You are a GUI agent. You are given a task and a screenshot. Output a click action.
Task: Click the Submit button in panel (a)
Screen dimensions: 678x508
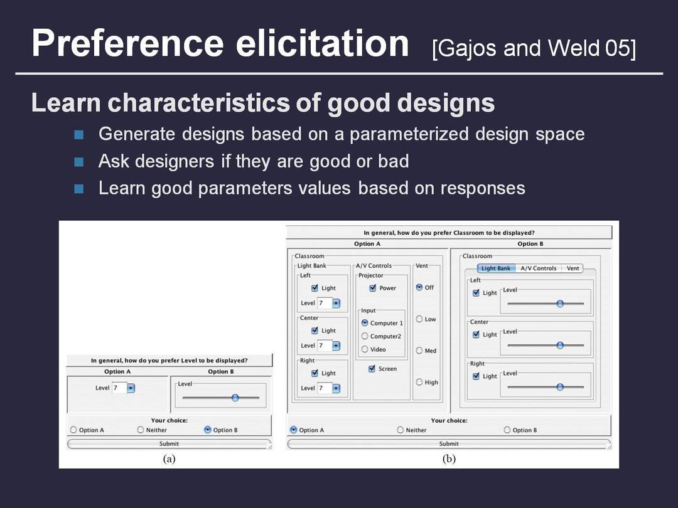169,443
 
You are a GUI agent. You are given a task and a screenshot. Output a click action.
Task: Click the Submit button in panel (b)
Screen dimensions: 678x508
449,443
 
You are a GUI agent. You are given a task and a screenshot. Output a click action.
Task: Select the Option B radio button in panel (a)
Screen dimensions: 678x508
208,430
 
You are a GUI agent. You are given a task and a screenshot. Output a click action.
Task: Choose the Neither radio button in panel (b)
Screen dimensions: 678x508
401,430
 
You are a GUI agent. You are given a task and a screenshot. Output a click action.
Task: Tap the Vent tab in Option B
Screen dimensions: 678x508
573,268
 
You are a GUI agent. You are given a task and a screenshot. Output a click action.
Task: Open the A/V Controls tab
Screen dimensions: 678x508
539,268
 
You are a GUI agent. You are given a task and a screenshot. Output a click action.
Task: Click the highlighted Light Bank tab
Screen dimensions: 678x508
495,268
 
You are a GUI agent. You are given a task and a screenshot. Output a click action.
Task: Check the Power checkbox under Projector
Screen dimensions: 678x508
373,288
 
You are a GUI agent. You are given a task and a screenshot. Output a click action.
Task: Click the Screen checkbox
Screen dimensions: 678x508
372,369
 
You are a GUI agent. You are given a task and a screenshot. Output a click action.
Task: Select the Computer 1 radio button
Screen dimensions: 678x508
365,323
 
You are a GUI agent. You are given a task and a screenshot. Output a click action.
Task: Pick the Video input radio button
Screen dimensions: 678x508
365,349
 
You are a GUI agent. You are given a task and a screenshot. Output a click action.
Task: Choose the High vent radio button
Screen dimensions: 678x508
419,382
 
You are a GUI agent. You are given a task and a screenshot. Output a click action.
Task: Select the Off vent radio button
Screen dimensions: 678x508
419,287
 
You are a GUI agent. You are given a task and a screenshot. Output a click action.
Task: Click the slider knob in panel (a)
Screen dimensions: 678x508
235,398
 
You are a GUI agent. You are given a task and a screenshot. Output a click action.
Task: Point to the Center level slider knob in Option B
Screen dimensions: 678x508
560,345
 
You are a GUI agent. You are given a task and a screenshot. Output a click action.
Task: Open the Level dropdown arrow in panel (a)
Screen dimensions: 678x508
131,388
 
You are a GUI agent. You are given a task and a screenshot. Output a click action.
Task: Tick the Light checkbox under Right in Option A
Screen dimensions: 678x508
315,373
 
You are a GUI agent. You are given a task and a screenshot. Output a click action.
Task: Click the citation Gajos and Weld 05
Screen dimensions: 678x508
534,48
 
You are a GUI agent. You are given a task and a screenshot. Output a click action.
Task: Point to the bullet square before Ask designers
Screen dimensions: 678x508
78,162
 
